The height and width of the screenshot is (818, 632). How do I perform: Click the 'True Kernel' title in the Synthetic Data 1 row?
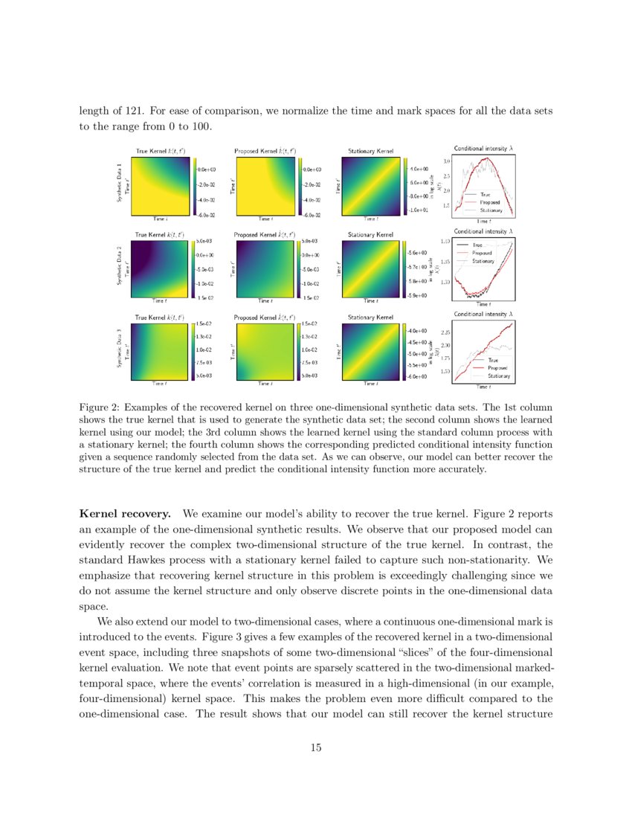pyautogui.click(x=160, y=151)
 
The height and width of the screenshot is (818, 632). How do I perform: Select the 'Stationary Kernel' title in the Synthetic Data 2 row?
pyautogui.click(x=370, y=235)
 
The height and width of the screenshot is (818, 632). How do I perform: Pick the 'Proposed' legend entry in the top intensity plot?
pyautogui.click(x=489, y=202)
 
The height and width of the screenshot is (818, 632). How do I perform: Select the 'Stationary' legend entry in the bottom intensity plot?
pyautogui.click(x=498, y=376)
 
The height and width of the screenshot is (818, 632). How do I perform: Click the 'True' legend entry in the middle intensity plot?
pyautogui.click(x=478, y=245)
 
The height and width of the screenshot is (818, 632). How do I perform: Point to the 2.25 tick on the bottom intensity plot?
pyautogui.click(x=446, y=332)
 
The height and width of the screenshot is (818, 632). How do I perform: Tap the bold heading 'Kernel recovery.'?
pyautogui.click(x=126, y=514)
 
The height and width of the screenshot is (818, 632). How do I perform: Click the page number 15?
pyautogui.click(x=316, y=748)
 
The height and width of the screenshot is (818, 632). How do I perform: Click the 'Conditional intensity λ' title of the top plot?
pyautogui.click(x=483, y=148)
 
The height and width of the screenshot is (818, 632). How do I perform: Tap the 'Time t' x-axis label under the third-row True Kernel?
pyautogui.click(x=160, y=384)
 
